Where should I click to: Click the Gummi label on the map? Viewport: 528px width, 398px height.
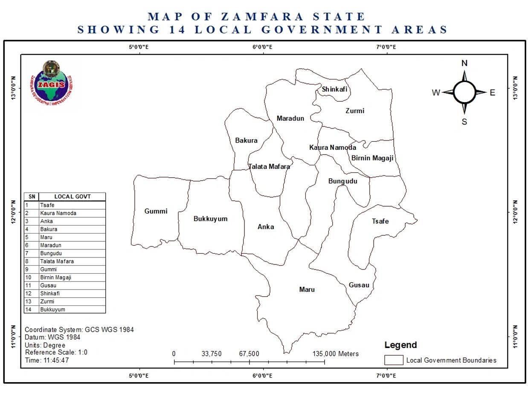[x=156, y=211]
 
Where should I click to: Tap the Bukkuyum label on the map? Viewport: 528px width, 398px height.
[x=210, y=219]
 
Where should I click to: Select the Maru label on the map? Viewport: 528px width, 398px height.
[x=307, y=290]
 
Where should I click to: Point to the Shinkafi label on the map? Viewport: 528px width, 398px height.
[x=334, y=89]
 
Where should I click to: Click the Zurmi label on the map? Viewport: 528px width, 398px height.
[x=355, y=111]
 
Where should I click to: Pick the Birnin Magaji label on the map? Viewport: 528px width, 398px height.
[x=372, y=158]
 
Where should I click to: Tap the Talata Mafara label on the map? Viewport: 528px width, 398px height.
[x=269, y=167]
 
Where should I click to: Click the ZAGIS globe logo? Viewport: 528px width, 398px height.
[x=50, y=83]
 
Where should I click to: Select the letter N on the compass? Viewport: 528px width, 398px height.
[x=464, y=64]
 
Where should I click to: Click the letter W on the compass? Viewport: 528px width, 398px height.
[x=436, y=93]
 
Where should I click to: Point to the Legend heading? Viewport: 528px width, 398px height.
[x=400, y=345]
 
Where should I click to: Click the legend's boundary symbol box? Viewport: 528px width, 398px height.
[x=394, y=360]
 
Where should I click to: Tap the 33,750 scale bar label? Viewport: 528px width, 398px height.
[x=212, y=354]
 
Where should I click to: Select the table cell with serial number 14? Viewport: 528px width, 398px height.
[x=31, y=310]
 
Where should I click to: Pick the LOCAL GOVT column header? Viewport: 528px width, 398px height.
[x=72, y=196]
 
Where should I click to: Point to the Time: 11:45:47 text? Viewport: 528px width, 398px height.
[x=47, y=360]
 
